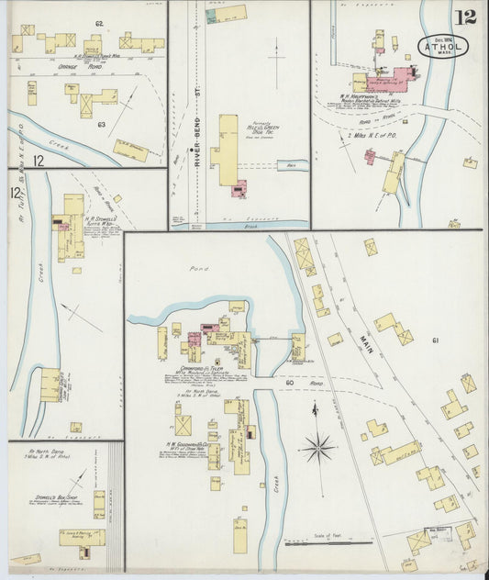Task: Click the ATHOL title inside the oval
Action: click(x=443, y=45)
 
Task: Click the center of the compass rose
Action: click(x=319, y=449)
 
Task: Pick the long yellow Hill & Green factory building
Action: click(x=226, y=151)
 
